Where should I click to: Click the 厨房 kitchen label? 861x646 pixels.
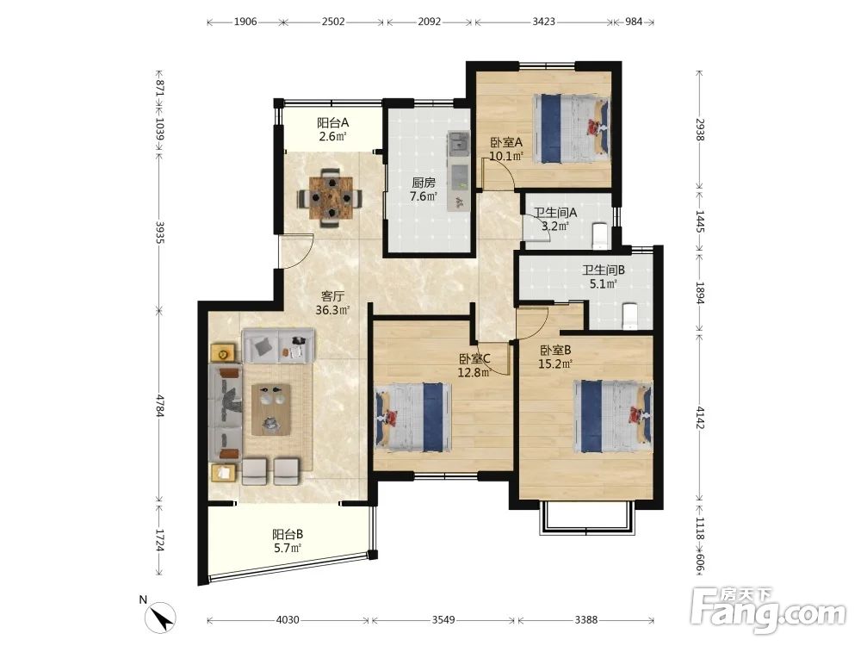[424, 183]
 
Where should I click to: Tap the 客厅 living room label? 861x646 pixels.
[332, 296]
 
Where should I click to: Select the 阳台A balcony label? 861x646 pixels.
[332, 122]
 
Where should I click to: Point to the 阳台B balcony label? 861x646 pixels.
[288, 534]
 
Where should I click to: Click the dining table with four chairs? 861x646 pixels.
[330, 198]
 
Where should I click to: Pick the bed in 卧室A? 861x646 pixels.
[571, 128]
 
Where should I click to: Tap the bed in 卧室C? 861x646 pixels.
[412, 418]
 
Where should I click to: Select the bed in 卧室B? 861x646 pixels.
[613, 416]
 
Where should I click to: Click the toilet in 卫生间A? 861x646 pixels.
[598, 234]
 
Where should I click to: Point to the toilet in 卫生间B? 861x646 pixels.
[629, 317]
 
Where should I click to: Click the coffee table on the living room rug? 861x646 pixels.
[270, 409]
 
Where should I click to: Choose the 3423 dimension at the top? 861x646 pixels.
[543, 22]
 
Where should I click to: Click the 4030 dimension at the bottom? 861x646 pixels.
[288, 620]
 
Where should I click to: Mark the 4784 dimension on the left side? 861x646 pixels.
[159, 406]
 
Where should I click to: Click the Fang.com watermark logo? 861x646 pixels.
[768, 610]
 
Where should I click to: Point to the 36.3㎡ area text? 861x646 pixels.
[332, 310]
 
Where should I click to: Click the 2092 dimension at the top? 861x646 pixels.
[430, 22]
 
